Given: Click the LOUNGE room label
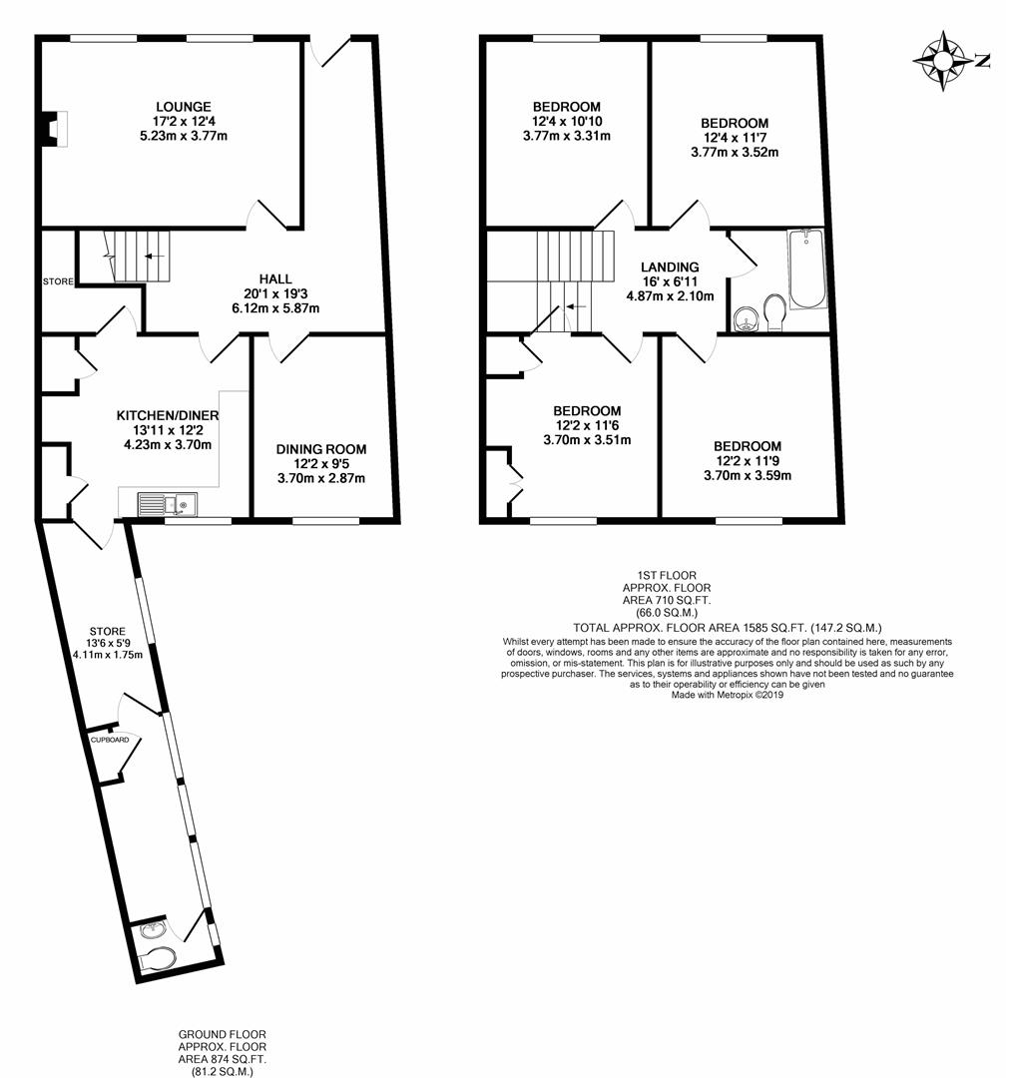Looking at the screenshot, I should [x=183, y=107].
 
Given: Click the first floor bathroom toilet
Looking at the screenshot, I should [x=773, y=311].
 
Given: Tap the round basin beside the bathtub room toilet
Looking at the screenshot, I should [x=743, y=318].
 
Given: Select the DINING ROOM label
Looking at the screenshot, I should [x=321, y=449].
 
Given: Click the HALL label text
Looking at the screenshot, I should [x=274, y=278].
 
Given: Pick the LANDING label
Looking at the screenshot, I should [x=670, y=268].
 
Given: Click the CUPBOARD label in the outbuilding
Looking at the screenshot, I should [x=110, y=741].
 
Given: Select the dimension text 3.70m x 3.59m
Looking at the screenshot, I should [x=748, y=475].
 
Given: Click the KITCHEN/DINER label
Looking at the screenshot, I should [x=168, y=415].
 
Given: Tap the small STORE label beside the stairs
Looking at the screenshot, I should [x=58, y=281].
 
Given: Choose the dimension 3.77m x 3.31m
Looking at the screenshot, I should [x=566, y=136].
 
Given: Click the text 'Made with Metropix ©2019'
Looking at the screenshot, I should [x=727, y=695].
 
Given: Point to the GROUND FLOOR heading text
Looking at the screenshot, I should [x=223, y=1034].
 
